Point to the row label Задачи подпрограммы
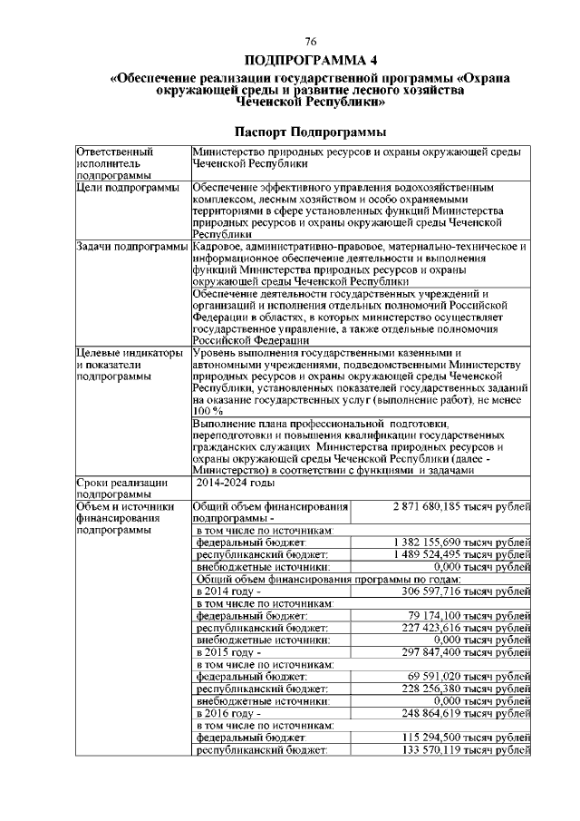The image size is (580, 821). pos(132,246)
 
